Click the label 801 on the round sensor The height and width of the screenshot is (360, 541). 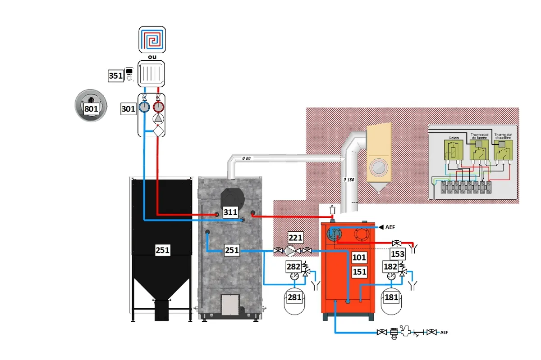tap(91, 108)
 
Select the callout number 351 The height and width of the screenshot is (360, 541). tap(116, 76)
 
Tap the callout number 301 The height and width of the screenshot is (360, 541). tap(128, 108)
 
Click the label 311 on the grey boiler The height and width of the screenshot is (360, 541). tap(230, 212)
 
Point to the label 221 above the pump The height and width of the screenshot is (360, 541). tap(296, 238)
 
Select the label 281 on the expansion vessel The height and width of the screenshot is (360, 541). tap(295, 297)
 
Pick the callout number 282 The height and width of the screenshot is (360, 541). tap(293, 266)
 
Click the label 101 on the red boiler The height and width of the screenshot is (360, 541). tap(359, 257)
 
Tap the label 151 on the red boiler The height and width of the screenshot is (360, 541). tap(359, 272)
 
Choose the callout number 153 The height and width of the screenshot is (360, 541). tap(398, 254)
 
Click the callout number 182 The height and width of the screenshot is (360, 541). tap(390, 266)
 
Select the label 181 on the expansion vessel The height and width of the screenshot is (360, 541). tap(391, 297)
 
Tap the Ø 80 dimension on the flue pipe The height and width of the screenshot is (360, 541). tap(246, 158)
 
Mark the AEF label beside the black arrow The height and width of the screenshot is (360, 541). tap(390, 227)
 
